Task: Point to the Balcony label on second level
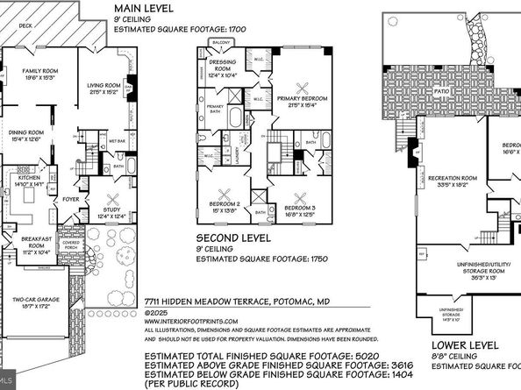pos(222,42)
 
